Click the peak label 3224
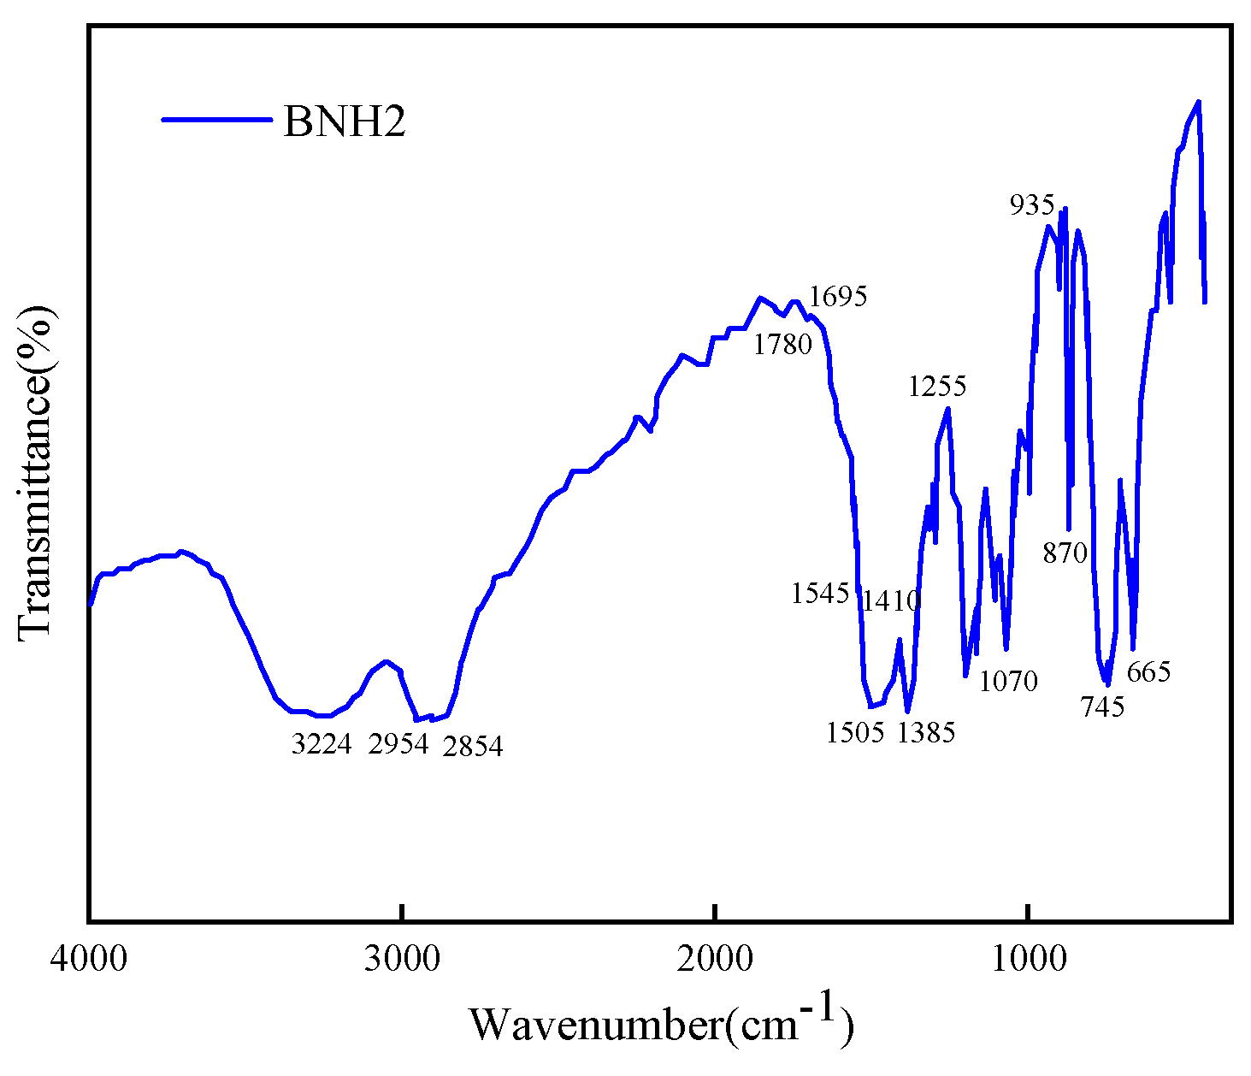[322, 745]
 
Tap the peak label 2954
[398, 745]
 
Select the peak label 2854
[473, 747]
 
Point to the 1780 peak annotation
[782, 346]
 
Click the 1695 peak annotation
[838, 297]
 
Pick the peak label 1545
[820, 594]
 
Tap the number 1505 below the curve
[855, 733]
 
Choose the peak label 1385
[926, 733]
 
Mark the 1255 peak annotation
[937, 387]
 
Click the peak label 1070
[1008, 682]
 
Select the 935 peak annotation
[1032, 205]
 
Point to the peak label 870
[1065, 553]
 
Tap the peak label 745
[1102, 707]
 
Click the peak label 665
[1148, 672]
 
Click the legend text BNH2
[345, 123]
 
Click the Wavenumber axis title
[660, 1022]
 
